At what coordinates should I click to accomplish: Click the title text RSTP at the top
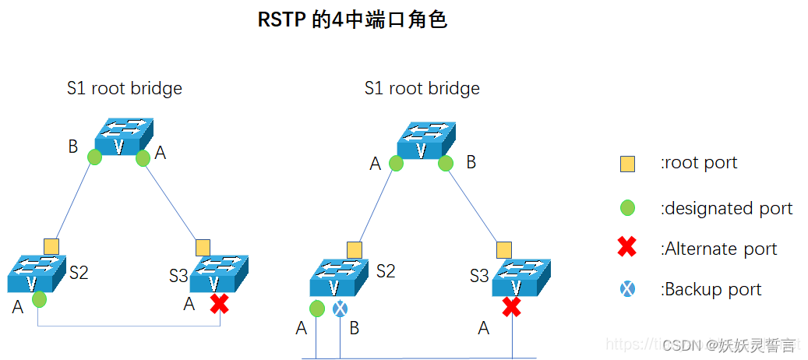tap(282, 19)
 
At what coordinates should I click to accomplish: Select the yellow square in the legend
tap(627, 164)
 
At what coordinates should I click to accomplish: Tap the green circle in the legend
tap(627, 208)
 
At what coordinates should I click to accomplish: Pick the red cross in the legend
tap(627, 249)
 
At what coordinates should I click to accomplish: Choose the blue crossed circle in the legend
tap(627, 289)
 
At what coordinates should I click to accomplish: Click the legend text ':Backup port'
tap(711, 290)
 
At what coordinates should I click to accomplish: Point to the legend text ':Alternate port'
tap(718, 249)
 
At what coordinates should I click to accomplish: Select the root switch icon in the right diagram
tap(425, 140)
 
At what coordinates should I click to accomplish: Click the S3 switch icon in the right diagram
tap(520, 277)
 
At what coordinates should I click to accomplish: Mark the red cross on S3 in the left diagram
tap(220, 304)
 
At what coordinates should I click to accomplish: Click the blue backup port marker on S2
tap(340, 309)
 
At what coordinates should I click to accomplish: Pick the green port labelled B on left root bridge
tap(94, 157)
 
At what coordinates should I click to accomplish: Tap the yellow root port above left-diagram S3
tap(203, 247)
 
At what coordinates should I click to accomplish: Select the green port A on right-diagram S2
tap(316, 309)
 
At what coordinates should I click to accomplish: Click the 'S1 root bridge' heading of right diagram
tap(422, 89)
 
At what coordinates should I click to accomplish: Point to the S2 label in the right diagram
tap(386, 271)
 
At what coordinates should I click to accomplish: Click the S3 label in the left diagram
tap(178, 276)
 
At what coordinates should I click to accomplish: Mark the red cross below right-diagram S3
tap(511, 307)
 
